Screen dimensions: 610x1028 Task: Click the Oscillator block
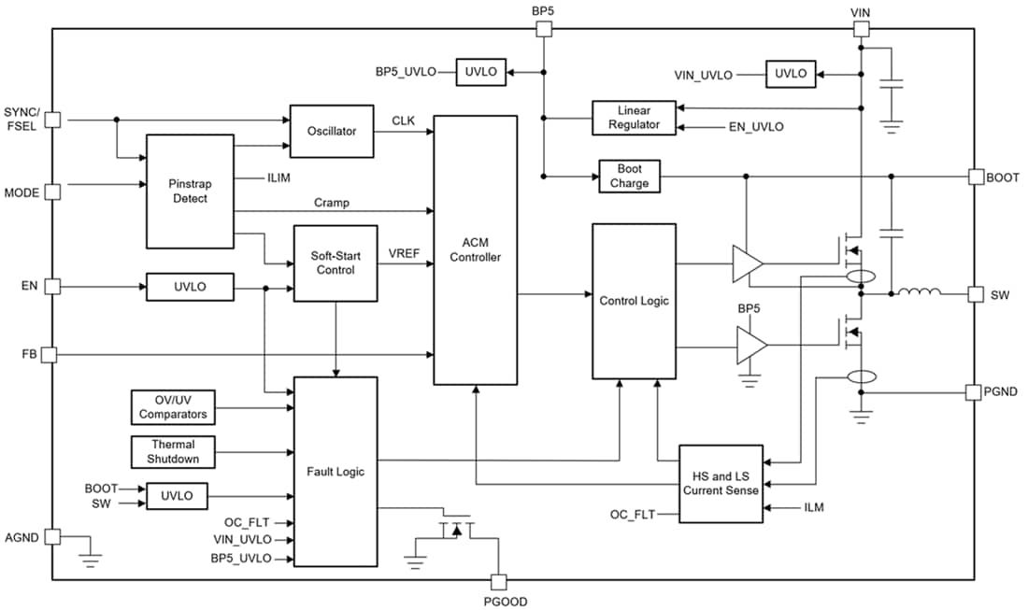332,131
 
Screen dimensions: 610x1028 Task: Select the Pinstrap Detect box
190,191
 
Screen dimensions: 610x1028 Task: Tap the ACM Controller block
475,249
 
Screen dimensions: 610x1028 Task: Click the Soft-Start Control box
336,262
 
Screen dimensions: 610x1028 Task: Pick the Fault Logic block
336,472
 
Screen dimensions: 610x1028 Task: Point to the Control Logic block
634,301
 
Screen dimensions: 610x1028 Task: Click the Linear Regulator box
634,118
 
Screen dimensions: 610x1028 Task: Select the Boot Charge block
629,177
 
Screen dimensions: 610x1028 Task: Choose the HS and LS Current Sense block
721,483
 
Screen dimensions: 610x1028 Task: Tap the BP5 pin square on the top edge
543,29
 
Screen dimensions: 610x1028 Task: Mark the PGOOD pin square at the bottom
497,581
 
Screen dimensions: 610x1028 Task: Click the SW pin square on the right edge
975,294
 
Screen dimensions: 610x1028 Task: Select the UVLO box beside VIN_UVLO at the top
790,74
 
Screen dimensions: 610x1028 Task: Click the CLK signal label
404,121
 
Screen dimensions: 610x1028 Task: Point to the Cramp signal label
332,202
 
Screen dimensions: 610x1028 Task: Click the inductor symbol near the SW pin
920,294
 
